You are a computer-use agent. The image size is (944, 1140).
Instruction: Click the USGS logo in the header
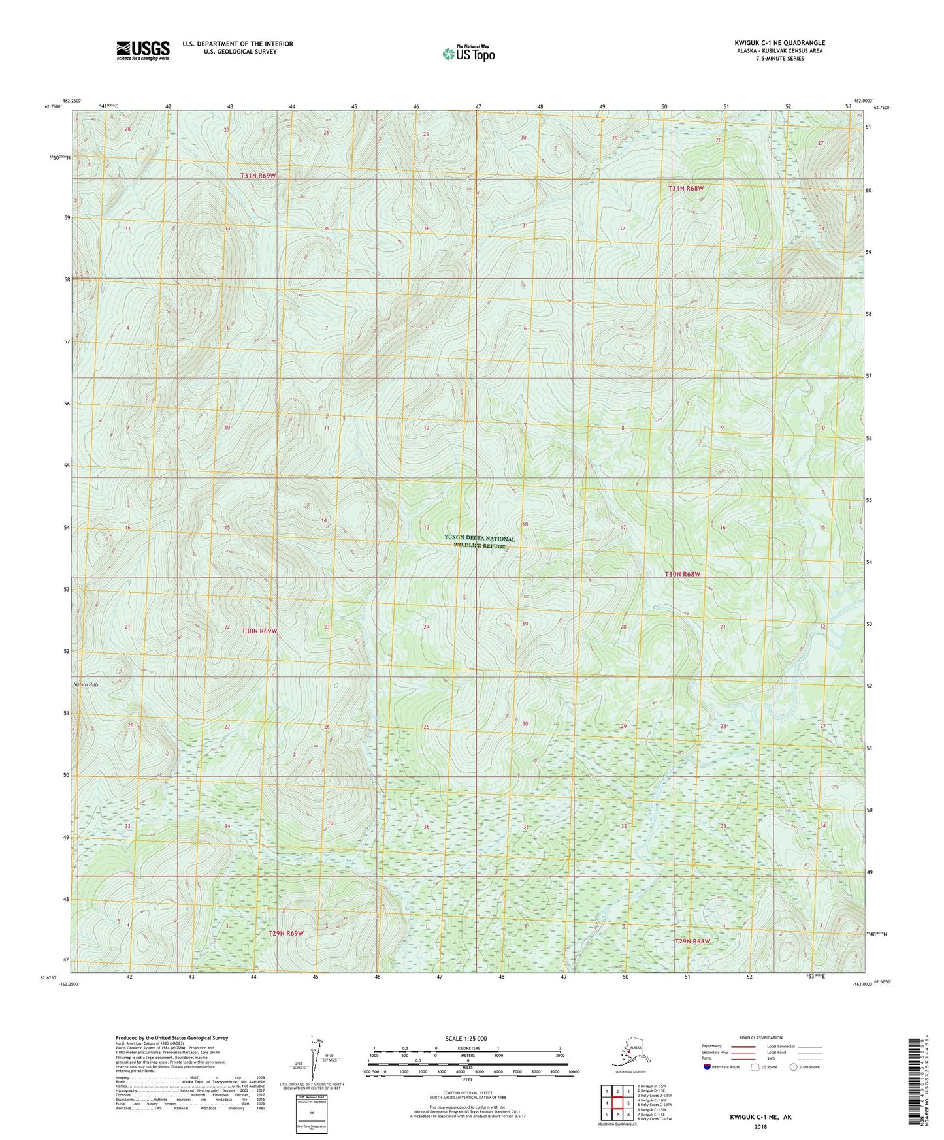coord(142,50)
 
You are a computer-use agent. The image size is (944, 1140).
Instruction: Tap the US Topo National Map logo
coord(468,53)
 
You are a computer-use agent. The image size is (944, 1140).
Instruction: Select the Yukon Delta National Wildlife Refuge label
coord(480,542)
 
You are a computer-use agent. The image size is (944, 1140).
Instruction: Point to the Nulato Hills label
coord(85,684)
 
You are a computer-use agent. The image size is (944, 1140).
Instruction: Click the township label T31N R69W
coord(259,176)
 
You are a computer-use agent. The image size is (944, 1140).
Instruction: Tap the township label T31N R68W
coord(686,188)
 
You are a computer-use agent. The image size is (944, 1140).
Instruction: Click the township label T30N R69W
coord(259,631)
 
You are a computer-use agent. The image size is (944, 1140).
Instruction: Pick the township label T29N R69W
coord(286,933)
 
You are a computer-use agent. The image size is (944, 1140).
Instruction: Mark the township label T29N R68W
coord(692,941)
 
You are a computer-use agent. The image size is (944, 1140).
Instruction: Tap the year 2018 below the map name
coord(760,1126)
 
